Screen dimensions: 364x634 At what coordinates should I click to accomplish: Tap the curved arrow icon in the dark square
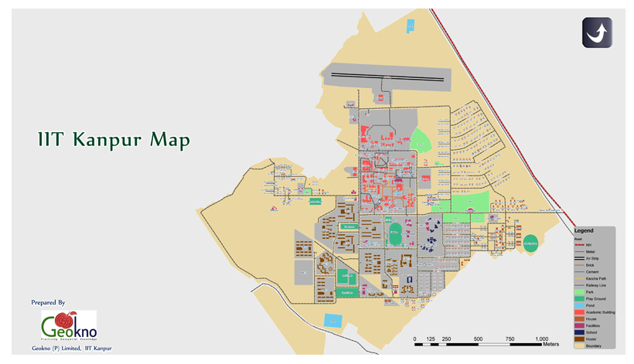point(597,32)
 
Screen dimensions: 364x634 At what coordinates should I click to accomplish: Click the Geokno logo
point(69,325)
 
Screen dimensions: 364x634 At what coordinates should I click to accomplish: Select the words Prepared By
point(48,302)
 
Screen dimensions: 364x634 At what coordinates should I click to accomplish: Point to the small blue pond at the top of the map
point(411,26)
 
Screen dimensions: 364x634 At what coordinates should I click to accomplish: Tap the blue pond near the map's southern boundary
point(332,320)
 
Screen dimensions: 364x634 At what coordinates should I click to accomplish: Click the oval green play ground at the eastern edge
point(530,243)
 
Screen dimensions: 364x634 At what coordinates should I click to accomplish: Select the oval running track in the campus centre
point(395,233)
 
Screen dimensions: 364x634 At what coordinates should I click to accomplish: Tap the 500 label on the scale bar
point(478,339)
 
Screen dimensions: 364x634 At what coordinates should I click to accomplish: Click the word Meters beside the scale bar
point(550,345)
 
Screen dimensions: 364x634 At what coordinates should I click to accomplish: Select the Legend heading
point(583,230)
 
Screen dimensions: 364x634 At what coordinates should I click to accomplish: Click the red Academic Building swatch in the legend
point(579,312)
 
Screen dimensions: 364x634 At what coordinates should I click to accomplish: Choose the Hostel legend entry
point(592,339)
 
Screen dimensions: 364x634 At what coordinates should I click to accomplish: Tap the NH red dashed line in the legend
point(579,244)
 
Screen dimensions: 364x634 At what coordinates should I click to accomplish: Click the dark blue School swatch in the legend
point(579,332)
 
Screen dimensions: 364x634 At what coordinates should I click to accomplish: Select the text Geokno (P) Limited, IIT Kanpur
point(71,349)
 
